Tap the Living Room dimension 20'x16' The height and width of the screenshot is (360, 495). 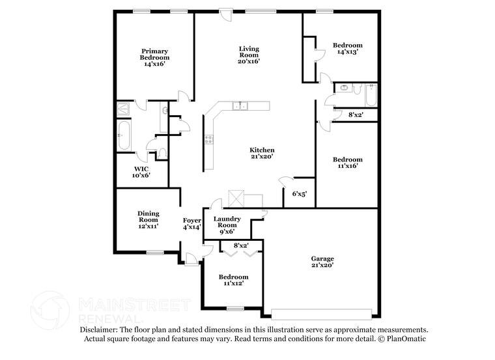pyautogui.click(x=248, y=62)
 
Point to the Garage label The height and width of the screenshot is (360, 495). pyautogui.click(x=322, y=259)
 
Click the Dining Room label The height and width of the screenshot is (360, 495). pyautogui.click(x=148, y=217)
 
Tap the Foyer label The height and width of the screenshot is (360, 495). pyautogui.click(x=191, y=221)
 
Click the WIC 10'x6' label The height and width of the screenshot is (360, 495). pyautogui.click(x=141, y=172)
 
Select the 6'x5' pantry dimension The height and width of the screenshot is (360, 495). pyautogui.click(x=299, y=194)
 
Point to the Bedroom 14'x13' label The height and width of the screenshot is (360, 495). pyautogui.click(x=347, y=48)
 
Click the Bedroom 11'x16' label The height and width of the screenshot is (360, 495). pyautogui.click(x=347, y=162)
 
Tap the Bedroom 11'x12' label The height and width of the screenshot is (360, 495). pyautogui.click(x=233, y=281)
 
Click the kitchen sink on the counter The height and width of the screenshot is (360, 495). pyautogui.click(x=241, y=106)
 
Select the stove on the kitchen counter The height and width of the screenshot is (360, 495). pyautogui.click(x=208, y=138)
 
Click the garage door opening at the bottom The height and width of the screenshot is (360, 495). pyautogui.click(x=323, y=312)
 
